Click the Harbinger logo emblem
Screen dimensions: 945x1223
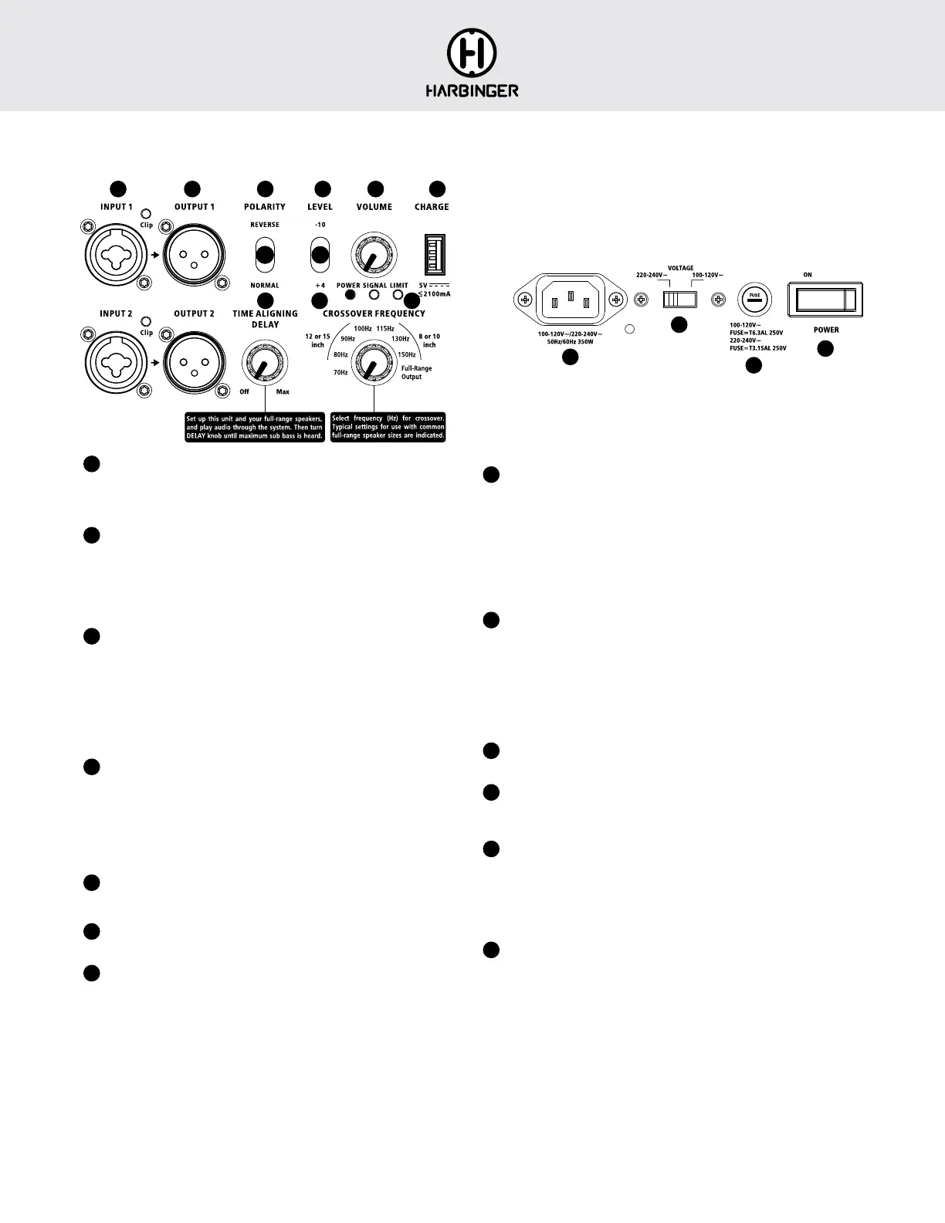pyautogui.click(x=472, y=53)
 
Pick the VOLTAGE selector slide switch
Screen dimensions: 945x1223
pyautogui.click(x=680, y=299)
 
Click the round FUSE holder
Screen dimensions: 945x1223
pyautogui.click(x=754, y=298)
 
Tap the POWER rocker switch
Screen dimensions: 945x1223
pyautogui.click(x=825, y=299)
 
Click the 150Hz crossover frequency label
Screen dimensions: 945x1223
pyautogui.click(x=406, y=355)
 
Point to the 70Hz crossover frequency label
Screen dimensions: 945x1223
pyautogui.click(x=340, y=373)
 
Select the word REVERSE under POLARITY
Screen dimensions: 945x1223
pyautogui.click(x=265, y=225)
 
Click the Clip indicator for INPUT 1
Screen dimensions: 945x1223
pyautogui.click(x=146, y=214)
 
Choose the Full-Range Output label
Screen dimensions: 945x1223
pyautogui.click(x=416, y=373)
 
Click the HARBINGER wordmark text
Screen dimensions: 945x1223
pyautogui.click(x=472, y=90)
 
